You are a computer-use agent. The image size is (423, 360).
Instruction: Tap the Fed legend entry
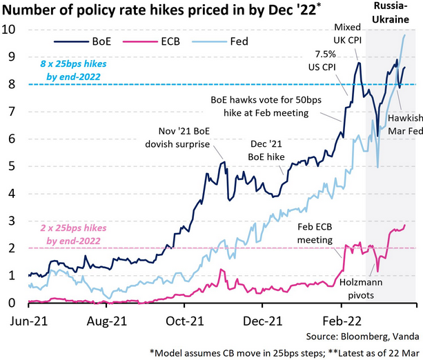[248, 40]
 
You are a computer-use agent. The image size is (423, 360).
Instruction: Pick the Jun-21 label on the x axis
[27, 320]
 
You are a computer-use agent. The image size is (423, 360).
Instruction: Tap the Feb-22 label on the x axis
[342, 320]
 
